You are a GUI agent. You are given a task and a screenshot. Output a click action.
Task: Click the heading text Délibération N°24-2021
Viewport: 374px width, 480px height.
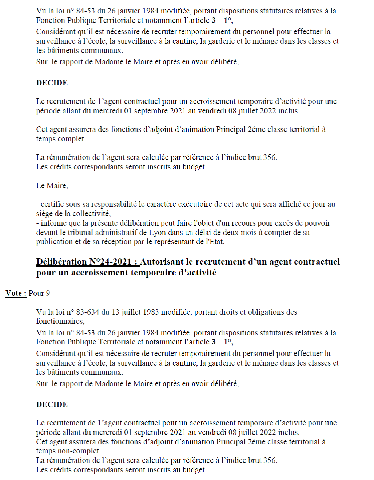coord(87,262)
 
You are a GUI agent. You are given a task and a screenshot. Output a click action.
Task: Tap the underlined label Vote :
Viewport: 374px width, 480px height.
coord(16,293)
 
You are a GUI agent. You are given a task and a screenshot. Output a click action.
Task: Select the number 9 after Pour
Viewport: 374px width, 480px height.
coord(48,293)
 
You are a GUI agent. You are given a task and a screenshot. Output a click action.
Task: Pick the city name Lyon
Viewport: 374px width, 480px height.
coord(158,233)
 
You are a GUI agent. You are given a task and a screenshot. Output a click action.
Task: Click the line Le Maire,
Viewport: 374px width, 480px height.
coord(52,186)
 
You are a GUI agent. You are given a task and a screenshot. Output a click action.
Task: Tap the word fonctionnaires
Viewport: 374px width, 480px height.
coord(60,321)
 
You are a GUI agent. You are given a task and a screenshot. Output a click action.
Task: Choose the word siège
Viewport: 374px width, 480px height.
coord(44,214)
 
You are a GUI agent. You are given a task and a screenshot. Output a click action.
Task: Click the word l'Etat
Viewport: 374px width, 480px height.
coord(215,242)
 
